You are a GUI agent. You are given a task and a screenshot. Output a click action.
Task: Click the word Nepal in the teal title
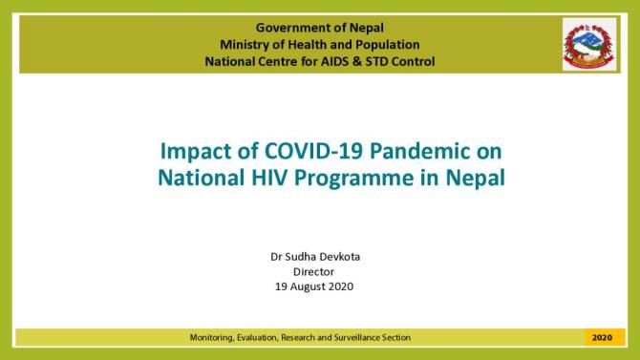455,177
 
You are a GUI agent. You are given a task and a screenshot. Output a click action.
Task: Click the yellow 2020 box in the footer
602,337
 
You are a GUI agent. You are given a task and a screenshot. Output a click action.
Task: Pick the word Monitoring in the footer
212,337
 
